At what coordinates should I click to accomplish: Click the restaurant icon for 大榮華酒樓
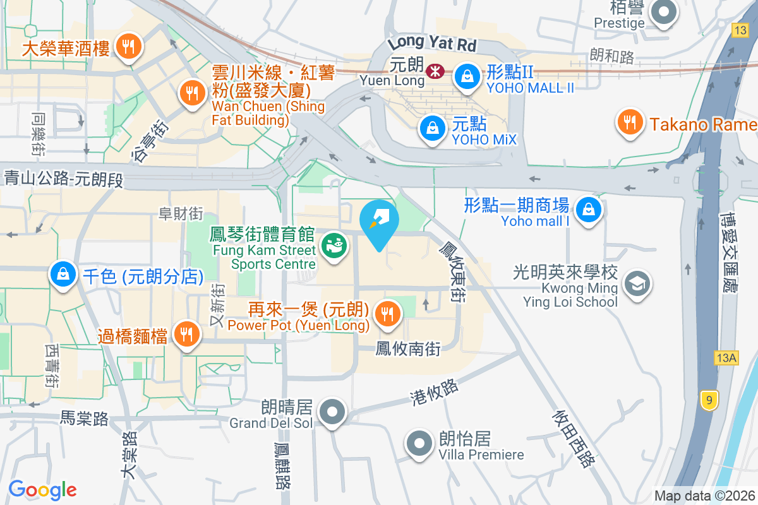(x=129, y=46)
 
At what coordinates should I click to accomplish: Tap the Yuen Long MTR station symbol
(x=435, y=71)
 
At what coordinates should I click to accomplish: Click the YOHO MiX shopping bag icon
(x=431, y=128)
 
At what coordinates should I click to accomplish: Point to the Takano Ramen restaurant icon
(x=629, y=122)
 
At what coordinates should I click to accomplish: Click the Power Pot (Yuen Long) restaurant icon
(x=387, y=313)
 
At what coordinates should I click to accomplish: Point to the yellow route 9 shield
(x=709, y=399)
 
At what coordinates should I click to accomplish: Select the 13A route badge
(x=726, y=358)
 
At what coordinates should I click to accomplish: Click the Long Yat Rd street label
(x=432, y=44)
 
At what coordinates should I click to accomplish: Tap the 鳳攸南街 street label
(x=407, y=348)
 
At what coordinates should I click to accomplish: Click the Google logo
(x=42, y=489)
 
